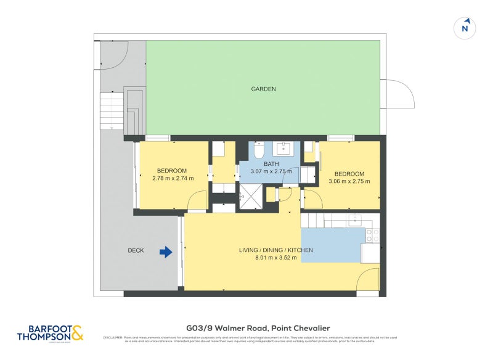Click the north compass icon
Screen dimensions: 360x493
(x=466, y=28)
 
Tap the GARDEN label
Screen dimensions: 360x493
(x=263, y=89)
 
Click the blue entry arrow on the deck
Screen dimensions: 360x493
(x=166, y=252)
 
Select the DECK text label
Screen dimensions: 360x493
(x=136, y=251)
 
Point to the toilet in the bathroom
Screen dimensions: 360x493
(x=259, y=150)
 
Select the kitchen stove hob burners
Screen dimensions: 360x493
(x=372, y=234)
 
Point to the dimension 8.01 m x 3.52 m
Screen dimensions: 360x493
(x=276, y=258)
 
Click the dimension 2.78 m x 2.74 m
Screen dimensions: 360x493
(x=173, y=179)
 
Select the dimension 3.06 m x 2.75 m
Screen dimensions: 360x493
(x=349, y=181)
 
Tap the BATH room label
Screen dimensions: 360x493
(x=272, y=164)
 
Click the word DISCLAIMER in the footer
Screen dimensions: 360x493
(x=112, y=337)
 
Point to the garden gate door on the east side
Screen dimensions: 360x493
(x=396, y=94)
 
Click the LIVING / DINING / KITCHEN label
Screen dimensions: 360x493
(x=276, y=250)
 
